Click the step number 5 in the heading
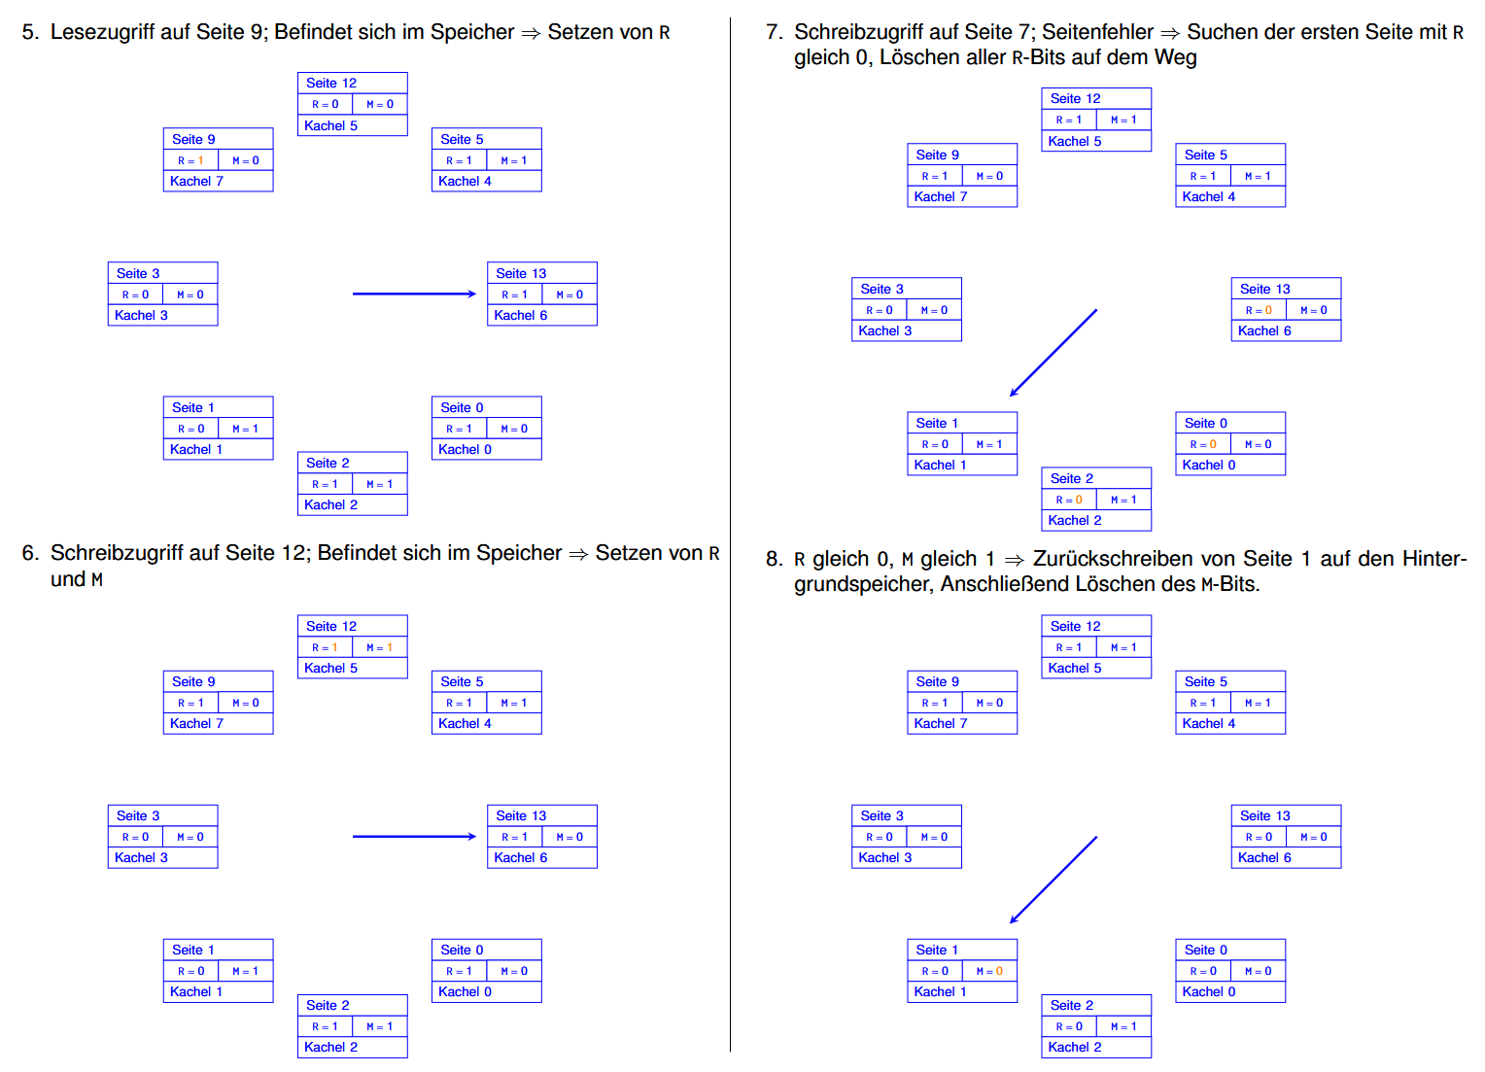click(29, 32)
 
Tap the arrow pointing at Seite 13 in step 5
click(414, 294)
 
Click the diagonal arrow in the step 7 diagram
click(1053, 353)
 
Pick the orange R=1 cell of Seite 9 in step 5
click(190, 160)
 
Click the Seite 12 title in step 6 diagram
click(331, 626)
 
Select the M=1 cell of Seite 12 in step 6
click(380, 647)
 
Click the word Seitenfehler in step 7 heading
click(1097, 32)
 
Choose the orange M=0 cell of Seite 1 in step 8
click(990, 971)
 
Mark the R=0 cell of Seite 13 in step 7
click(1259, 310)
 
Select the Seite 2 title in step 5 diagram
click(328, 463)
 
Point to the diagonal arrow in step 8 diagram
click(1053, 880)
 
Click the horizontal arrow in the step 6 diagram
click(414, 836)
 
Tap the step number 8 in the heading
click(773, 559)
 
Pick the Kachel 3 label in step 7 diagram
click(884, 330)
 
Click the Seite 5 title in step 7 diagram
click(1205, 155)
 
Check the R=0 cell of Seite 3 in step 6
click(135, 837)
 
